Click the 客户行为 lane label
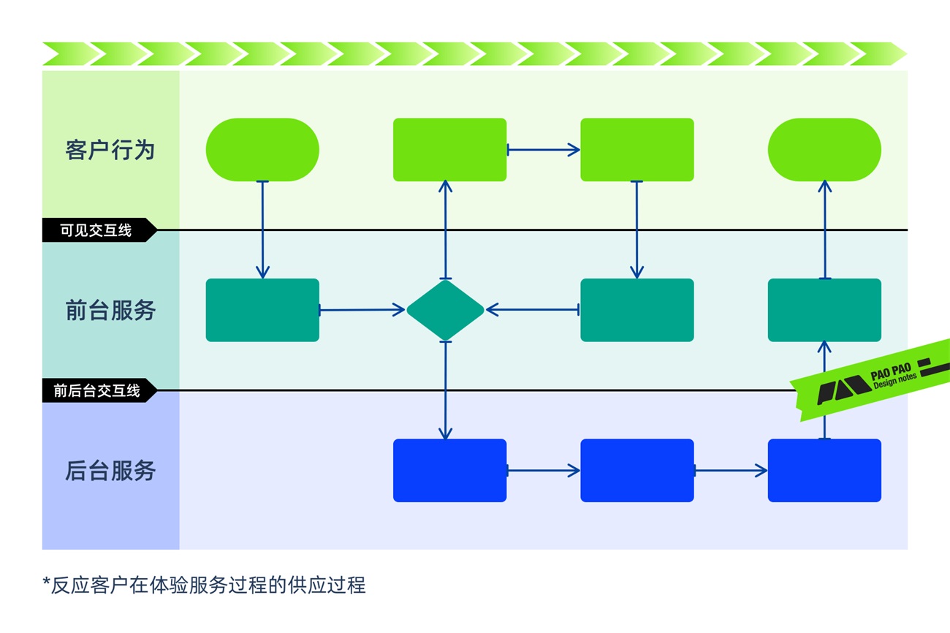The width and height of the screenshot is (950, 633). click(110, 151)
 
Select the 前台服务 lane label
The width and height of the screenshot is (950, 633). click(110, 311)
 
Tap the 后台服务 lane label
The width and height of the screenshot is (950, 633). click(110, 471)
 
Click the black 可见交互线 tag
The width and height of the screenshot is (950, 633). click(96, 230)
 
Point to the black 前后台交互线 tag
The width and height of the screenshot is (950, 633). click(97, 391)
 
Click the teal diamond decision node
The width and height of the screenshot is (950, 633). click(445, 310)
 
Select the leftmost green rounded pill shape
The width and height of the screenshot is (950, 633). click(262, 150)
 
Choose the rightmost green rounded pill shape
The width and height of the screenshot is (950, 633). click(824, 150)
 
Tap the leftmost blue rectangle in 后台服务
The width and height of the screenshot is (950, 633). click(449, 470)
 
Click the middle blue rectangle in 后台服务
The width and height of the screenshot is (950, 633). click(636, 470)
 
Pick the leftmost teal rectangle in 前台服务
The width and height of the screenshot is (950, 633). click(262, 310)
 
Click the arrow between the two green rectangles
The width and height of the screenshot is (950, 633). click(543, 150)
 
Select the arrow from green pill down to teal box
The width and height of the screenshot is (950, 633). click(262, 230)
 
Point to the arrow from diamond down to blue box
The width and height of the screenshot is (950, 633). click(445, 390)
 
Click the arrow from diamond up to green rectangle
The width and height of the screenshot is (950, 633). click(445, 230)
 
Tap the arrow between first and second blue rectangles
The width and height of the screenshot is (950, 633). click(543, 470)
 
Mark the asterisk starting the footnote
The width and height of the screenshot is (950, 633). click(46, 583)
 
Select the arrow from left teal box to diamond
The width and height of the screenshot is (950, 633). click(362, 310)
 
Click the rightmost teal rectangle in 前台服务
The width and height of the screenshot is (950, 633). click(824, 310)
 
